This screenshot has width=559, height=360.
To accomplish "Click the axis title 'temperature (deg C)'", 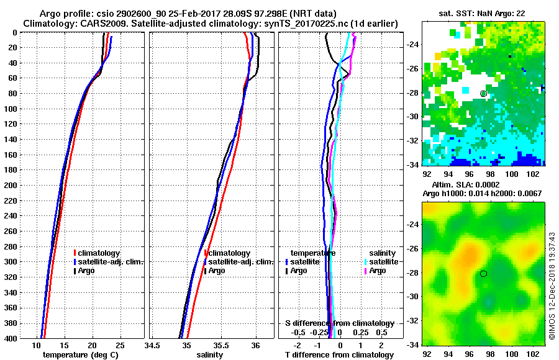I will click(x=80, y=354).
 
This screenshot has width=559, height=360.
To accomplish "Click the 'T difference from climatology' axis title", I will click(x=339, y=354).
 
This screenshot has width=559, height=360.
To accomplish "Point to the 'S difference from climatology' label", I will click(x=339, y=323).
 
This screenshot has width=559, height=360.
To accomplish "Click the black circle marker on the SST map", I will click(x=483, y=94).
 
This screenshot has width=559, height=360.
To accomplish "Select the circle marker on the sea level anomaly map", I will click(x=483, y=273).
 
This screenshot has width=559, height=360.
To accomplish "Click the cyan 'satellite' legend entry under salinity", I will click(x=383, y=262).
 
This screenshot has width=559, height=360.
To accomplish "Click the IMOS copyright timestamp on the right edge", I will click(x=552, y=286).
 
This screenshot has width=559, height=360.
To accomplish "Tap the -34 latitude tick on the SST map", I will click(x=412, y=164).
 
